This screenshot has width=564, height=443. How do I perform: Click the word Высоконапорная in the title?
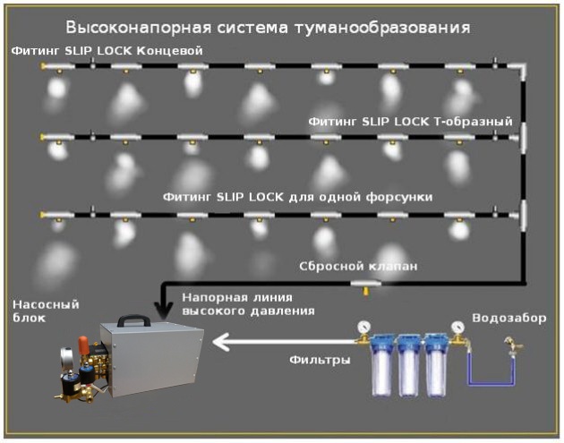[x=121, y=27]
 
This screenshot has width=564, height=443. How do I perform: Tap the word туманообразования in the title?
[x=394, y=27]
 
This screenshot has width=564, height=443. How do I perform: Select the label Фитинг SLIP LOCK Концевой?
[x=107, y=50]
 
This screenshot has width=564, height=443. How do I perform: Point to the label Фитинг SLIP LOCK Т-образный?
[x=409, y=120]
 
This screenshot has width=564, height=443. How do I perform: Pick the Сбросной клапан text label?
[x=358, y=266]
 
